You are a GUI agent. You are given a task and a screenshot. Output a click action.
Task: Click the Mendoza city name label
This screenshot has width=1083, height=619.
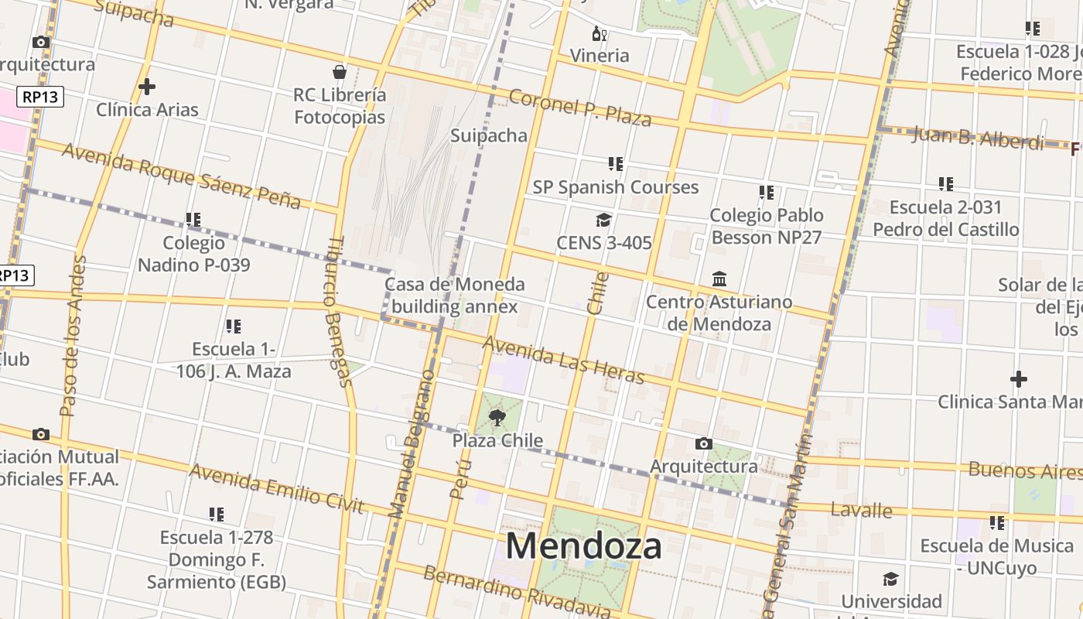583,546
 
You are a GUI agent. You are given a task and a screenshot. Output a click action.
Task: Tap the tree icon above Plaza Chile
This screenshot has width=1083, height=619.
497,419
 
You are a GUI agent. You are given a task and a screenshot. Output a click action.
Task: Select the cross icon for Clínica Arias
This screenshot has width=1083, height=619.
146,87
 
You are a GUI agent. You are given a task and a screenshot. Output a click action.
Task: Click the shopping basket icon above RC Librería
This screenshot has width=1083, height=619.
339,72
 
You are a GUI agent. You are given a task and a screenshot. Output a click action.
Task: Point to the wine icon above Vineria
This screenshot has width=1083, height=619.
599,33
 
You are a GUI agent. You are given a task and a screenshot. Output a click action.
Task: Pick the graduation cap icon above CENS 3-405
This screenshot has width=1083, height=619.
603,221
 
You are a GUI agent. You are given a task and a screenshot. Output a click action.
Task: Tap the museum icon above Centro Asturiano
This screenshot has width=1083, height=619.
719,279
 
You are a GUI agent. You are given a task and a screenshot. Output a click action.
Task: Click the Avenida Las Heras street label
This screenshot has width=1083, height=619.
563,361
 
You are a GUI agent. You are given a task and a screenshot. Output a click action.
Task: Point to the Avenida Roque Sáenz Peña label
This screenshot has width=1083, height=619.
181,176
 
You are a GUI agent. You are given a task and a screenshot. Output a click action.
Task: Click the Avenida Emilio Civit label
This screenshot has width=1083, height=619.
276,488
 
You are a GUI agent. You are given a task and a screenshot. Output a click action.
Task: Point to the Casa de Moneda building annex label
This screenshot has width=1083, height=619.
455,296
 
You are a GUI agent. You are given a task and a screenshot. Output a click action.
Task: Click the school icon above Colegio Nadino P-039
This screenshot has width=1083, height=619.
193,220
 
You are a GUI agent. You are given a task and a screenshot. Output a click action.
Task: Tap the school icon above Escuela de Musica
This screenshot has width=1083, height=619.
996,523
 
